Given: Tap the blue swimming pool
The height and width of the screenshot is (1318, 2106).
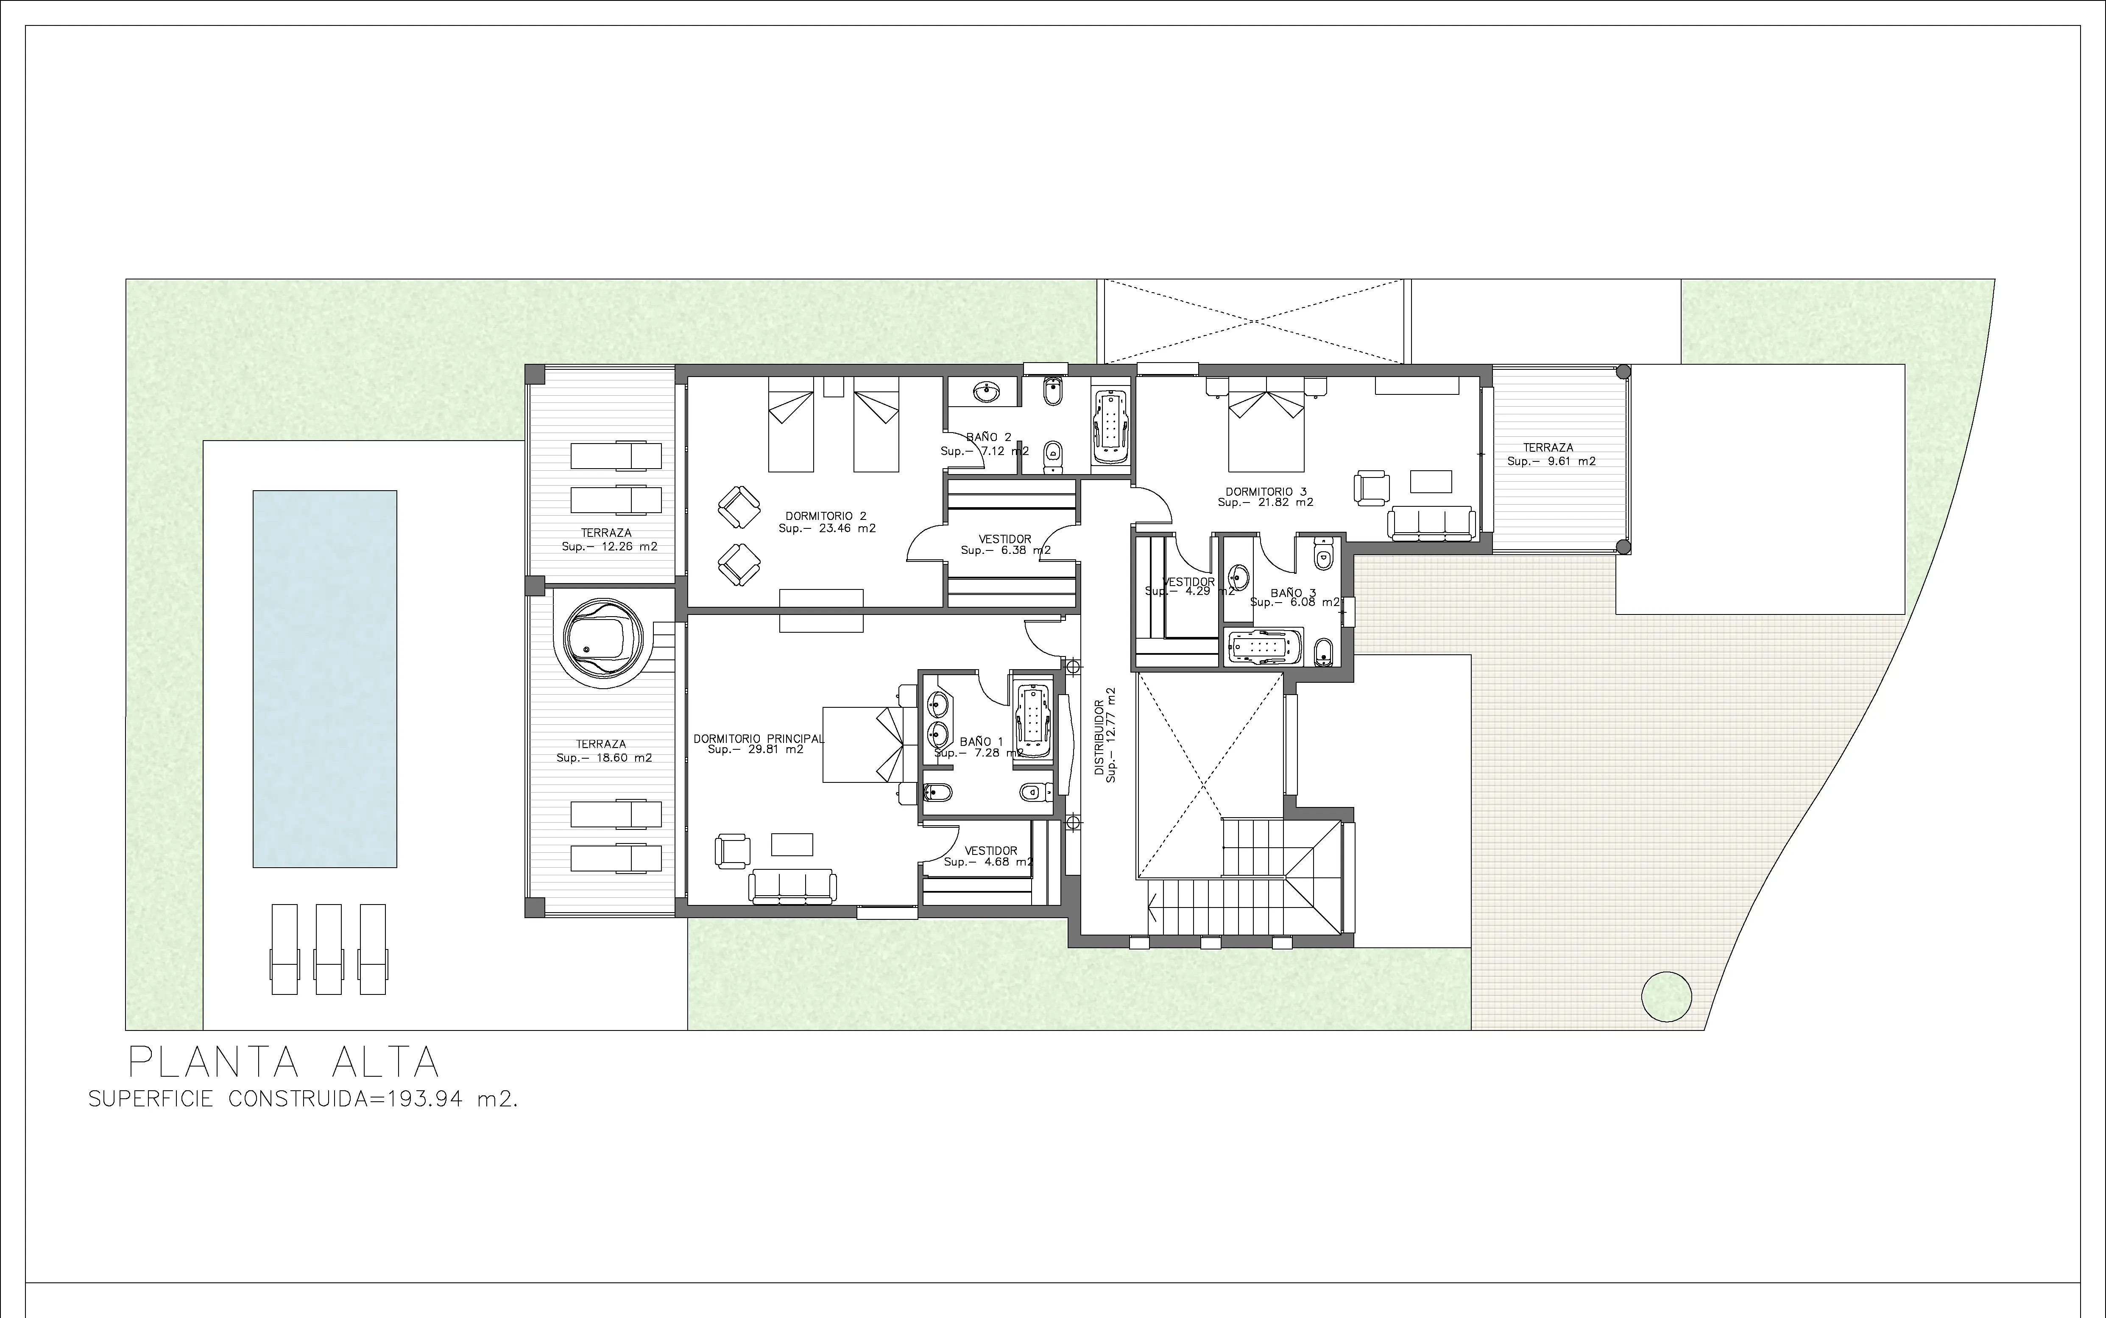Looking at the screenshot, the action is point(325,679).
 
